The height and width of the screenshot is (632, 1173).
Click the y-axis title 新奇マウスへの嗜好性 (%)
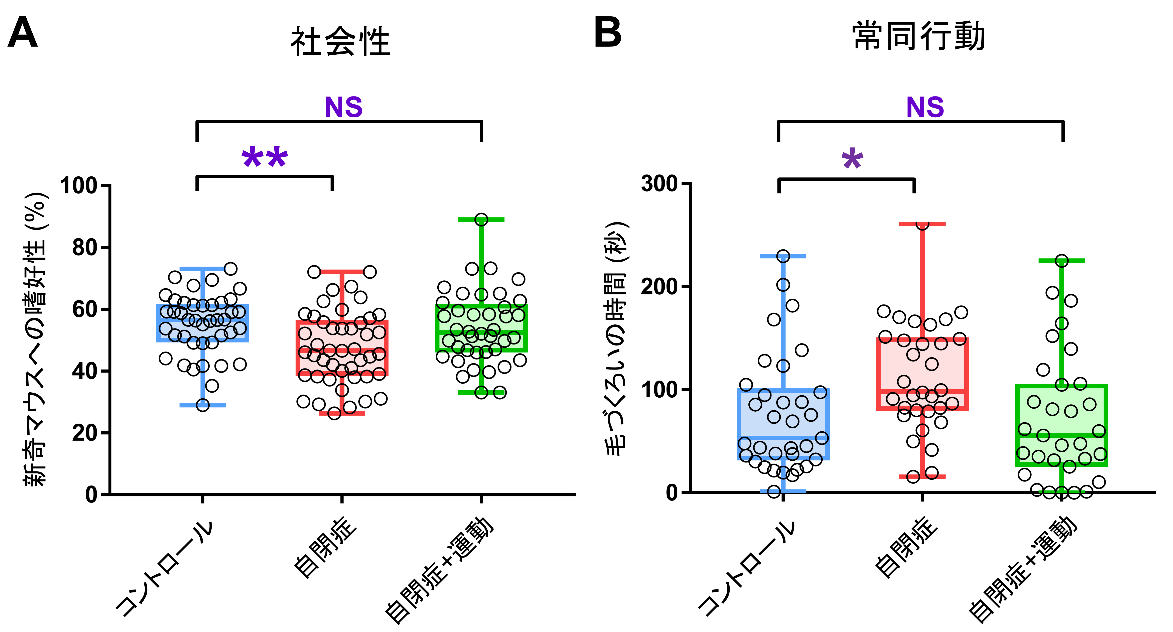(35, 339)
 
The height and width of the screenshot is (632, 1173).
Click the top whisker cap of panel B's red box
(922, 224)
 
